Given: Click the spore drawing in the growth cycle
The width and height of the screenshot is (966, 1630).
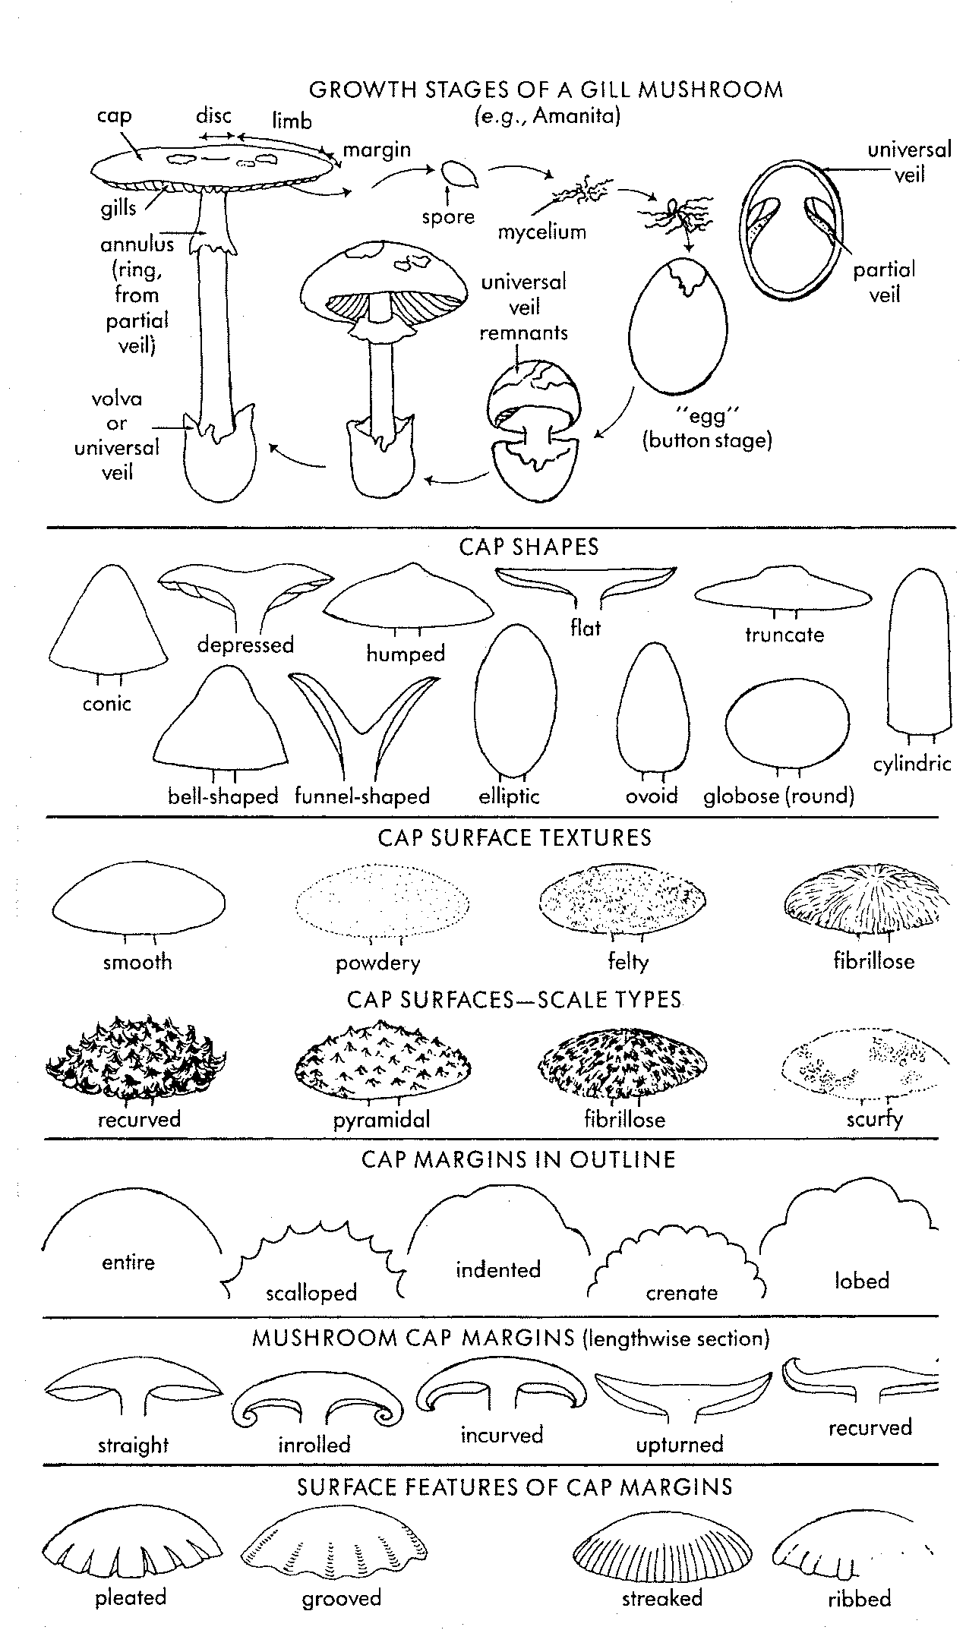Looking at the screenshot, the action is [x=460, y=174].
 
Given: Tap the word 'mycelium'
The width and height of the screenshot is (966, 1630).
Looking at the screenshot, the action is [x=542, y=232].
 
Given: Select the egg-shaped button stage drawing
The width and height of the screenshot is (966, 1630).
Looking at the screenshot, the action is [x=678, y=326].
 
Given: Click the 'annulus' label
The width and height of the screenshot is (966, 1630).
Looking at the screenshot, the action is [x=137, y=244].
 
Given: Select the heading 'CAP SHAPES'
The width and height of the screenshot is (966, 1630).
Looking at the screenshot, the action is [x=529, y=547].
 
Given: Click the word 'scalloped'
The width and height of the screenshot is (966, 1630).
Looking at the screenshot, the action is [x=311, y=1292].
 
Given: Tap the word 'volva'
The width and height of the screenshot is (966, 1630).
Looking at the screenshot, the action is [x=117, y=399].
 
